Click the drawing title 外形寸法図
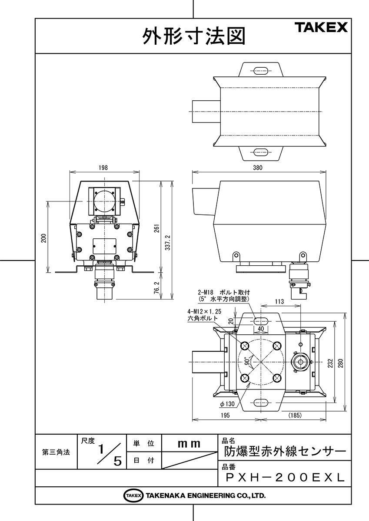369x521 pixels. (194, 36)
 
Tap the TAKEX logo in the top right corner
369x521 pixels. (321, 27)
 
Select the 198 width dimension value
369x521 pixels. (103, 168)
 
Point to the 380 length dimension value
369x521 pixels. (258, 168)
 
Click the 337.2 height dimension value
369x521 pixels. (168, 242)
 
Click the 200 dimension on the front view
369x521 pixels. (44, 238)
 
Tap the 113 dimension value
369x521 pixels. (279, 301)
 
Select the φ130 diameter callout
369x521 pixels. (227, 404)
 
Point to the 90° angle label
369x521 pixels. (247, 361)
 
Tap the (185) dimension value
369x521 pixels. (295, 415)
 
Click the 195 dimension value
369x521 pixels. (225, 415)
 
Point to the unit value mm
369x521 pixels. (189, 444)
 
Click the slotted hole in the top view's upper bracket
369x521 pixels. (261, 71)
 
